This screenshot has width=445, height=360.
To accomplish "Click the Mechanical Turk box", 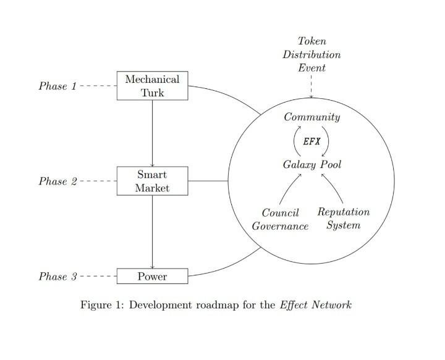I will (152, 86).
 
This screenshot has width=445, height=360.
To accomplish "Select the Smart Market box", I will (152, 181).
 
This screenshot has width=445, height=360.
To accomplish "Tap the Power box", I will (152, 276).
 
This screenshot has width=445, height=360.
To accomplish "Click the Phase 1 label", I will (57, 86).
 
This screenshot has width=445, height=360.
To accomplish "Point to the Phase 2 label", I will (57, 182).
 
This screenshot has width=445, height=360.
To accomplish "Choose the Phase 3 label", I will (57, 277).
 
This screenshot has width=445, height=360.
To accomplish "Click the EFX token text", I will (311, 141).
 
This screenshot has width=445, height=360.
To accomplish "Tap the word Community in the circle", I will (311, 117).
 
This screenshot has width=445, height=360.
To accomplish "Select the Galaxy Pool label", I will (311, 165).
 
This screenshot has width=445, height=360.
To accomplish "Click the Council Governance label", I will (280, 219).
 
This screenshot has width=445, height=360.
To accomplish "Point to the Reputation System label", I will (343, 219).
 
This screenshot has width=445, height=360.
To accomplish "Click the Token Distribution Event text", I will (311, 54).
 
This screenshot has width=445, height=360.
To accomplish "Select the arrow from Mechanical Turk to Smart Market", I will (152, 133).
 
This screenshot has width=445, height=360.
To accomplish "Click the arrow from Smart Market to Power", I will (152, 232).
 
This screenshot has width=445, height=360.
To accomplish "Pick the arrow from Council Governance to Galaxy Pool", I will (289, 188).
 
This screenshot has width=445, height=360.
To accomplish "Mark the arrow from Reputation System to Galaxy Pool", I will (334, 188).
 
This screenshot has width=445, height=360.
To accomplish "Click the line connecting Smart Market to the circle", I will (208, 181).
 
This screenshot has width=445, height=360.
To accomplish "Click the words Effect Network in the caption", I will (316, 305).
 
